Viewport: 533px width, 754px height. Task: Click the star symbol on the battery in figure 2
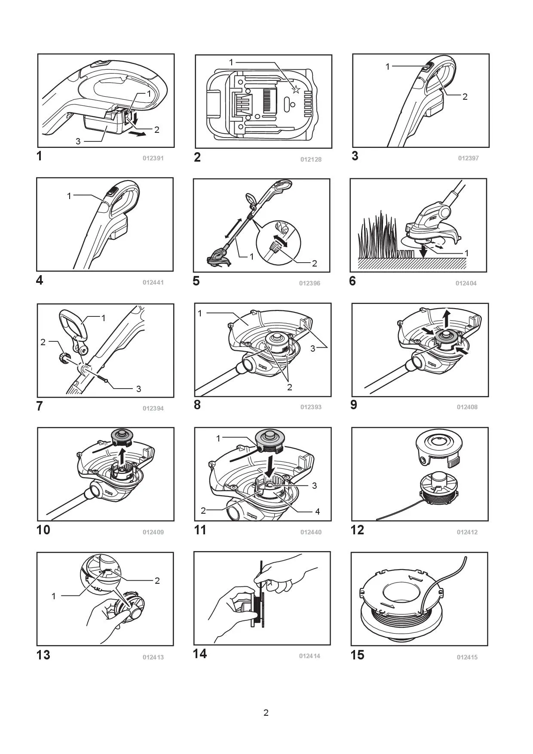pos(295,89)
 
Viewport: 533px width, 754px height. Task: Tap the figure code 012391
pos(153,158)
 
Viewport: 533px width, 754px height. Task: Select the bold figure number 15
pos(357,655)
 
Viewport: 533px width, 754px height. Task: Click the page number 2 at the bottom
pos(266,713)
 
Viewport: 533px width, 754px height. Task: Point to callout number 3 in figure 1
pos(78,141)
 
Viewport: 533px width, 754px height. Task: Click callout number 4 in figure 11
pos(317,512)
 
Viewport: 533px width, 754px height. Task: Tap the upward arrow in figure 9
pos(447,318)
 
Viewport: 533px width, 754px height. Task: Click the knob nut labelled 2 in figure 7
pos(64,358)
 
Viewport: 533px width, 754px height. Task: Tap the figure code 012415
pos(467,657)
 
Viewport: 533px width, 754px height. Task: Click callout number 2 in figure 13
pos(157,581)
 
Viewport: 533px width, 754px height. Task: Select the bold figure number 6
pos(352,281)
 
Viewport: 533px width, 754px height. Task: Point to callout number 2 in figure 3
pos(465,97)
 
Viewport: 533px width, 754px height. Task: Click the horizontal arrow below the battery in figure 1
pos(138,134)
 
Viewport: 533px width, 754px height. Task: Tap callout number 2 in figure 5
pos(314,263)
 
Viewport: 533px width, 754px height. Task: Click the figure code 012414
pos(309,656)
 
